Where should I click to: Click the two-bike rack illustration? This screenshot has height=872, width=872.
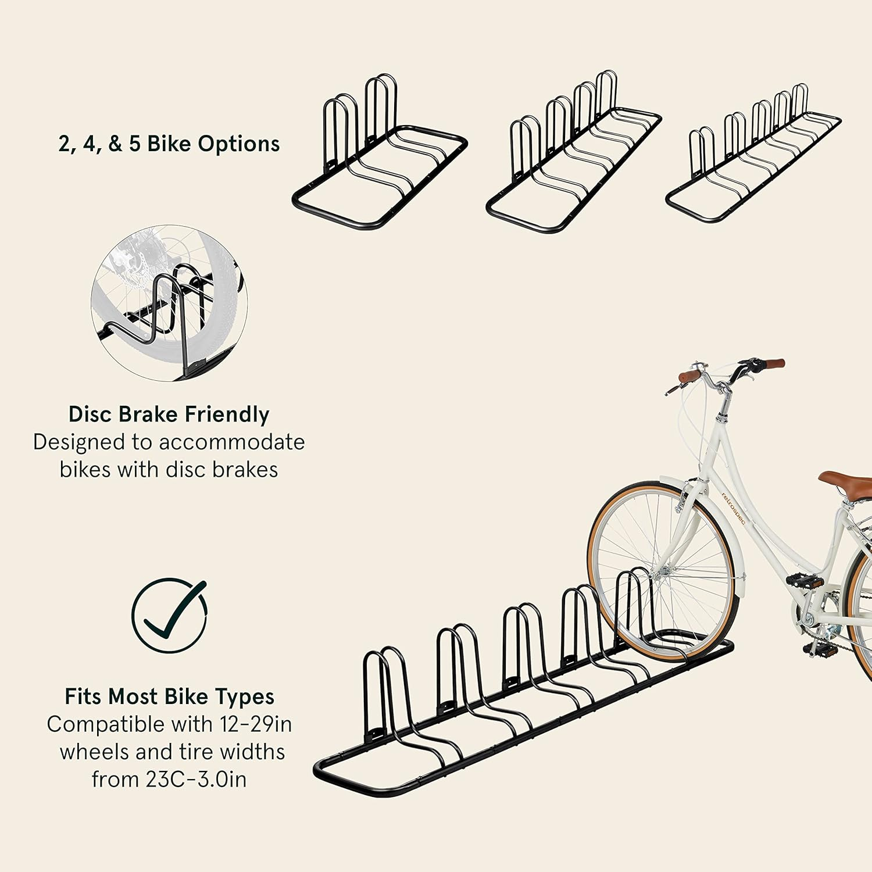coord(380,157)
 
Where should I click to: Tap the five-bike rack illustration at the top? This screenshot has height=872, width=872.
coord(753,157)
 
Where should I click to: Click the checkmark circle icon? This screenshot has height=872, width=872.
coord(169,615)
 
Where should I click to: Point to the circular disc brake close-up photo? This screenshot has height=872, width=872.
coord(169,303)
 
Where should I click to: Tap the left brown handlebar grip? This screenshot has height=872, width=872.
coord(689,377)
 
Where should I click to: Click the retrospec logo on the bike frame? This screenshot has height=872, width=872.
coord(733,508)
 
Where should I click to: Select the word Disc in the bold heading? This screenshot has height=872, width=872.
coord(90,414)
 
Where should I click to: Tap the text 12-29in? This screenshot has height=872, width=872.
coord(256,724)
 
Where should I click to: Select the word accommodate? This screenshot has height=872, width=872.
coord(232,442)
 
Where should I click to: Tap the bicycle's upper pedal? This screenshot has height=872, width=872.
coord(805,581)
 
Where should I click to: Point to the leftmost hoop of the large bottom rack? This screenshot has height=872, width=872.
coord(384,695)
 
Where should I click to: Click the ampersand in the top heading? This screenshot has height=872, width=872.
coord(116,144)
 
